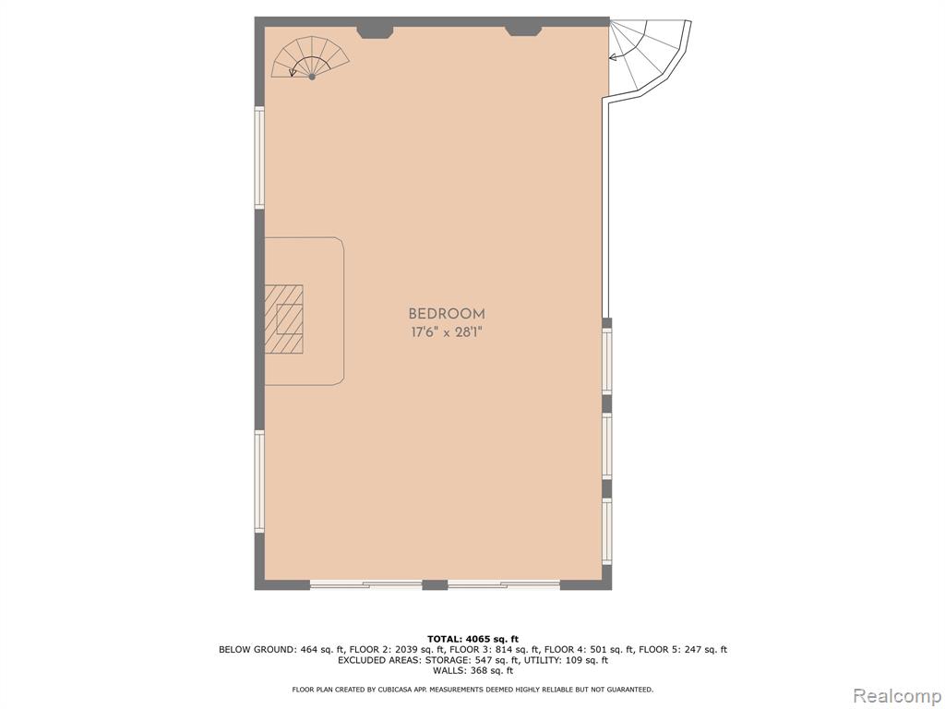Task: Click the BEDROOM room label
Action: tap(447, 314)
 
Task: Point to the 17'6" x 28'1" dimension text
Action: tap(447, 332)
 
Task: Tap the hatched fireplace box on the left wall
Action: tap(283, 318)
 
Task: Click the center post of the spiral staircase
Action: tap(312, 77)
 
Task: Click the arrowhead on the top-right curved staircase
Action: tap(613, 58)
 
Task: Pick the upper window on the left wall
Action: tap(259, 158)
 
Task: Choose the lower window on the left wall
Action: tap(259, 481)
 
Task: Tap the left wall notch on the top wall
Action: tap(375, 32)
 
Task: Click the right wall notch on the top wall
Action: tap(523, 31)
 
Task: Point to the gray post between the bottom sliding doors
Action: tap(435, 584)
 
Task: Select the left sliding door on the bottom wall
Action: tap(365, 583)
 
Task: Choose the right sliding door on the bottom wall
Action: tap(504, 583)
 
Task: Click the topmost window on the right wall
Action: tap(607, 362)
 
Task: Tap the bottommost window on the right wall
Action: tap(607, 531)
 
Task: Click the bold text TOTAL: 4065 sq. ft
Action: tap(472, 639)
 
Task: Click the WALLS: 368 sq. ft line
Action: tap(472, 670)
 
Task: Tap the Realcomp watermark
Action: tap(896, 695)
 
